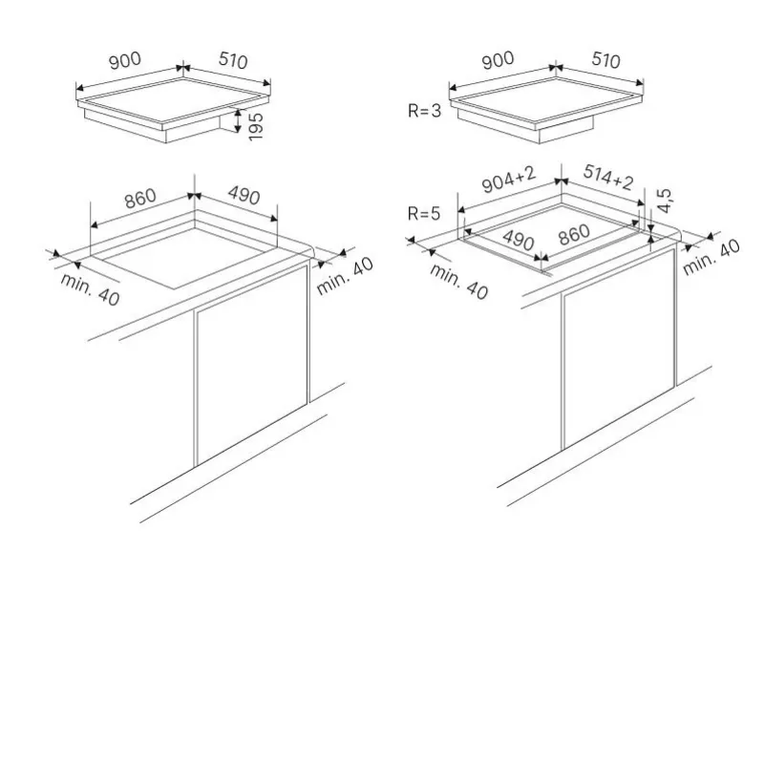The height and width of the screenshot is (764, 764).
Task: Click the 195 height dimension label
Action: [255, 127]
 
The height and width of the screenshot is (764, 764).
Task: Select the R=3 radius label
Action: [424, 111]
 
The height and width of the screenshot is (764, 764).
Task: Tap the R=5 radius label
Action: [424, 213]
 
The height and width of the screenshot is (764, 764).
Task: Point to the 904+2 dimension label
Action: [509, 180]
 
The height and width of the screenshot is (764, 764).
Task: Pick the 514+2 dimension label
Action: [608, 178]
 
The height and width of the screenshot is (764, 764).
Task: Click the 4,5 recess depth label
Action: [665, 201]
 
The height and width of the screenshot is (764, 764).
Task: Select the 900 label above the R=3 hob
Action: [498, 60]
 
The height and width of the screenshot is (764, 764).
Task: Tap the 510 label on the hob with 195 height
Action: [233, 60]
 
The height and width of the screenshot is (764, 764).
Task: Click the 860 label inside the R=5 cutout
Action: [574, 235]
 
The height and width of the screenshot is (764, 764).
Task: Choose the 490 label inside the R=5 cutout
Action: [519, 240]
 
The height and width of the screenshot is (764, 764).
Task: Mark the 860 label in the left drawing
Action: [140, 199]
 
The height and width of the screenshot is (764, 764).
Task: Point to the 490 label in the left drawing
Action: [244, 196]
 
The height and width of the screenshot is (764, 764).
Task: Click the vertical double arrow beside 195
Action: [237, 121]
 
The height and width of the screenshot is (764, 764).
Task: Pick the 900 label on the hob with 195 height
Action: [125, 60]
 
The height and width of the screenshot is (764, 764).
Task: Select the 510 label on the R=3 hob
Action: [605, 60]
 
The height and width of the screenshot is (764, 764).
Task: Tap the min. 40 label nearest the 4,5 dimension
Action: [711, 257]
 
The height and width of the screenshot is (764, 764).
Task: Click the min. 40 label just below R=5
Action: [458, 281]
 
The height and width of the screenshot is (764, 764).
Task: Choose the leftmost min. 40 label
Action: [90, 289]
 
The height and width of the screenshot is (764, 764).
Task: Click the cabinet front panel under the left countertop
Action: [251, 365]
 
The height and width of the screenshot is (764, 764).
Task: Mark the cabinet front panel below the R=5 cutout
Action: [619, 348]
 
